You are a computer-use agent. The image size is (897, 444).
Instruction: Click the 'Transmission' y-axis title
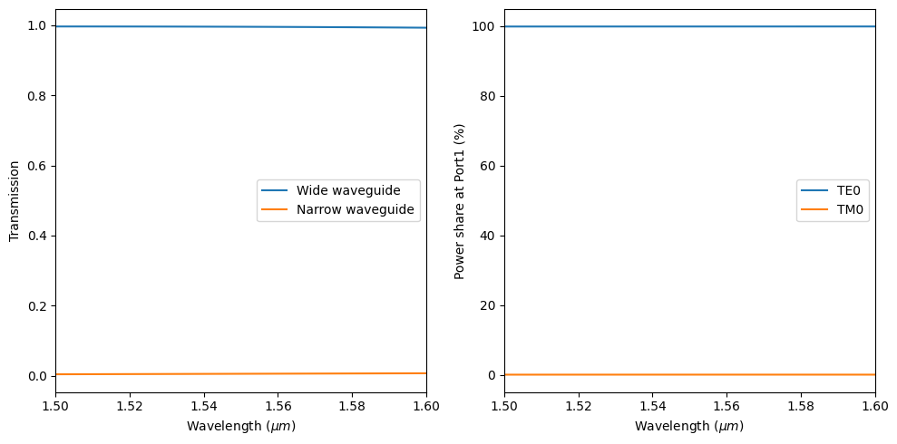click(x=14, y=201)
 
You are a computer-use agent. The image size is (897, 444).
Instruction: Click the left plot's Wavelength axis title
click(x=241, y=426)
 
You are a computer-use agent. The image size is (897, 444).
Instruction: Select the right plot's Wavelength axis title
click(x=689, y=426)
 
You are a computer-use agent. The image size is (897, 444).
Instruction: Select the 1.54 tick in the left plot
click(x=204, y=406)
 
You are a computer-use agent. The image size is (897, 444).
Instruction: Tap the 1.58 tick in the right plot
click(x=801, y=406)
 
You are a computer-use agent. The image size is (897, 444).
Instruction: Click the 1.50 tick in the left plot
click(x=55, y=406)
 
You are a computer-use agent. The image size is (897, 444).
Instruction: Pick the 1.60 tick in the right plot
click(x=875, y=406)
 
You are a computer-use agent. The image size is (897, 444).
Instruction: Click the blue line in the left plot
click(x=240, y=26)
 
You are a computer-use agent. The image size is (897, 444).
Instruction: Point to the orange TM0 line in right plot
click(x=689, y=374)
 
